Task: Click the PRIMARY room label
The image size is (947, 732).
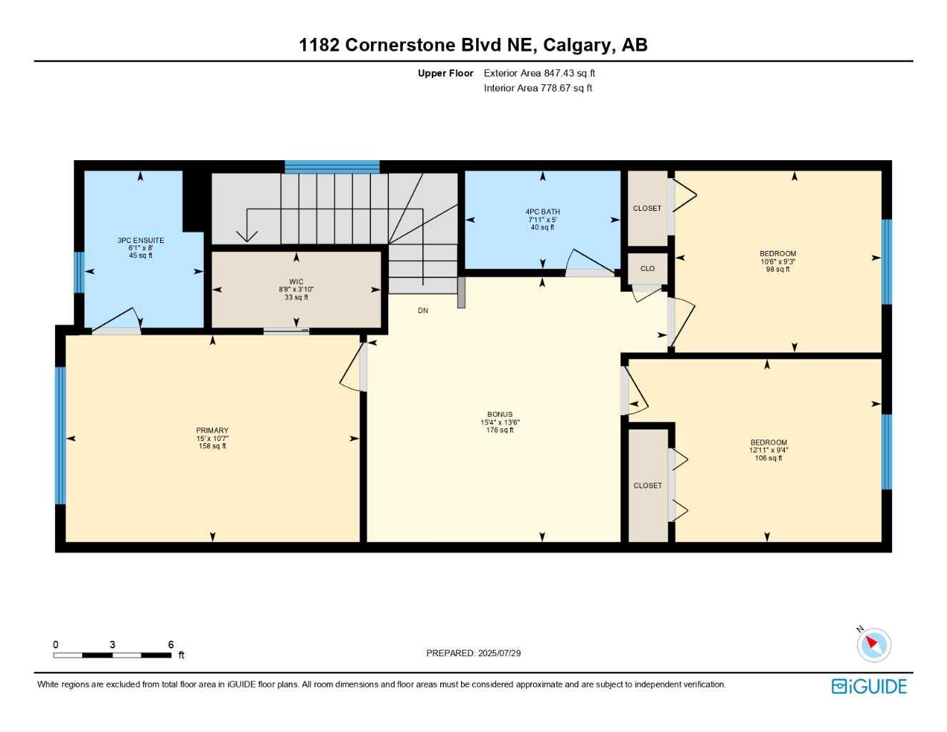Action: [212, 430]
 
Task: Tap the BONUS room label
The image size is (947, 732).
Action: [500, 415]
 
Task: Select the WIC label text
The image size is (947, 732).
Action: [296, 282]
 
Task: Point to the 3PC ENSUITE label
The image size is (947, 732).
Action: [141, 240]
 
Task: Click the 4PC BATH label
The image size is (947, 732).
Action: [542, 212]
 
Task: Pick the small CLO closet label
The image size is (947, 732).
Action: [647, 268]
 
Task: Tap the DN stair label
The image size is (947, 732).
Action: [422, 311]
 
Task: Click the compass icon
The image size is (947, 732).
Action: [874, 645]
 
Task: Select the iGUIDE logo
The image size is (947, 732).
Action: [869, 686]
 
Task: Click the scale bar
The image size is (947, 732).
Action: [112, 656]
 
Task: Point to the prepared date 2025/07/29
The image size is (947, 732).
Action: [500, 653]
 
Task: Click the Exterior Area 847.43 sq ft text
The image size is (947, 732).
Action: [539, 73]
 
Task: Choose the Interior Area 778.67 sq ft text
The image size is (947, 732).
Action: [537, 88]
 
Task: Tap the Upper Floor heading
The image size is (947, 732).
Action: [445, 73]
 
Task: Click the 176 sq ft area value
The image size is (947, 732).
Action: [500, 430]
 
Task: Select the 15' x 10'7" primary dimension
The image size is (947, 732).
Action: [212, 438]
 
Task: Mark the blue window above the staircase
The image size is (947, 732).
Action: [332, 167]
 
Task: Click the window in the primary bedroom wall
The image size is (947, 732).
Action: [60, 435]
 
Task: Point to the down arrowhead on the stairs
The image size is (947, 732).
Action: [247, 236]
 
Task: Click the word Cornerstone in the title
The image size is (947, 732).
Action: [400, 45]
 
